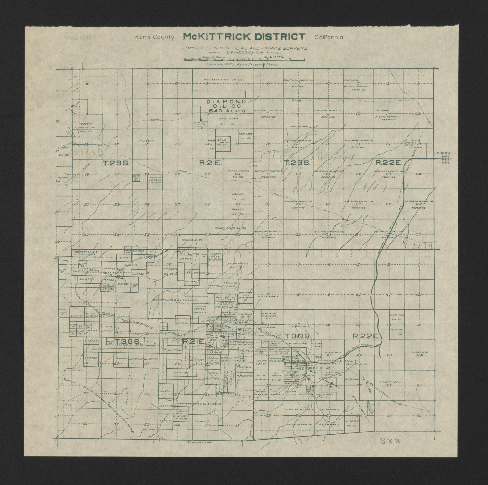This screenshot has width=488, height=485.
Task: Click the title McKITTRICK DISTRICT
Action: pyautogui.click(x=244, y=37)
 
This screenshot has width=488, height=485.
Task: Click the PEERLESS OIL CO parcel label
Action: pyautogui.click(x=245, y=136)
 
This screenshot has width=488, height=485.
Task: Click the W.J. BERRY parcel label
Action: pyautogui.click(x=147, y=141)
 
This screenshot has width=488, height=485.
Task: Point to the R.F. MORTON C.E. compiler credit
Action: pyautogui.click(x=245, y=53)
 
